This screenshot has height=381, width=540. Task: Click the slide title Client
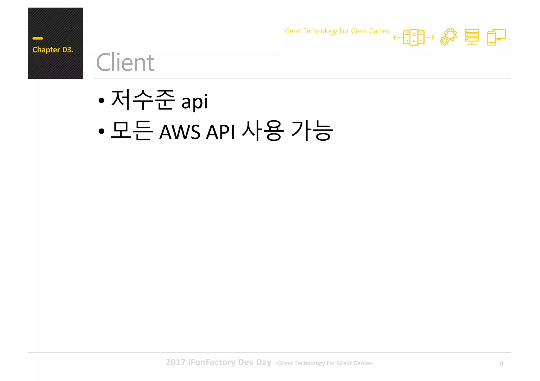pos(125,62)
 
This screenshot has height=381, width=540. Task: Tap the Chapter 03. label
pos(53,50)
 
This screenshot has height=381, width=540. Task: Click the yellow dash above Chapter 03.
pos(38,38)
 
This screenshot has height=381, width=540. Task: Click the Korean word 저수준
pos(143,100)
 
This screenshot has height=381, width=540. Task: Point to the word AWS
pos(180,132)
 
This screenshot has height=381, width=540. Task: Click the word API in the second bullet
pos(220,132)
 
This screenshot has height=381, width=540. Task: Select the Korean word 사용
pos(263,131)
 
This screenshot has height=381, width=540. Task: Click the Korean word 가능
pos(312,131)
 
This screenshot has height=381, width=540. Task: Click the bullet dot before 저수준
pos(102,101)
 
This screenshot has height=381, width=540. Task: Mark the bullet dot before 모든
pos(102,131)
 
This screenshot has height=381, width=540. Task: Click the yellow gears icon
pos(448,37)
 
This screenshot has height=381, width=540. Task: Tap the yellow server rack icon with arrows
pos(414,37)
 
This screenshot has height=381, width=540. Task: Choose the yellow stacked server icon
pos(472,37)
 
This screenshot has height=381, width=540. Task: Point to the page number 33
pos(501,364)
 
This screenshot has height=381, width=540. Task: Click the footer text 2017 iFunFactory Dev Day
pos(218,362)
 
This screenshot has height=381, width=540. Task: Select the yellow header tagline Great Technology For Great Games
pos(337,31)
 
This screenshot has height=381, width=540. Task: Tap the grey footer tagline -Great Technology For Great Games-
pos(325,363)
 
